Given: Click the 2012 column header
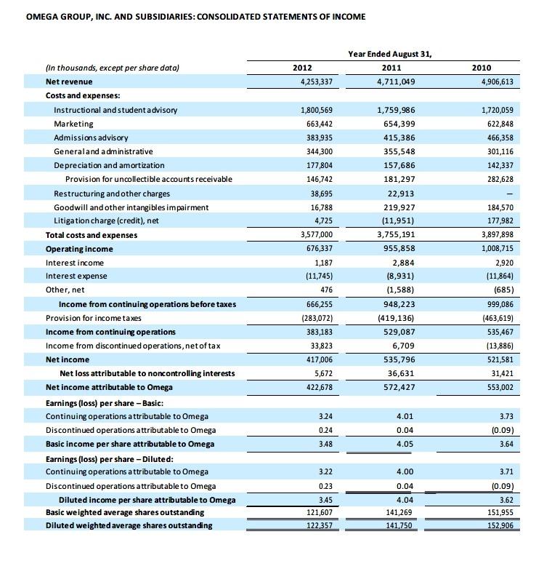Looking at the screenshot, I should [x=302, y=68].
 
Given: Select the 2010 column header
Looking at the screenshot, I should [x=482, y=68].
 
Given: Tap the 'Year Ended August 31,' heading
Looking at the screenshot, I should [x=395, y=53].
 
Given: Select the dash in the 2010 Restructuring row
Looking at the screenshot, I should [x=510, y=194].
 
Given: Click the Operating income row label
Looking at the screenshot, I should [x=79, y=249].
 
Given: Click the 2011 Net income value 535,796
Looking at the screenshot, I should [x=399, y=359].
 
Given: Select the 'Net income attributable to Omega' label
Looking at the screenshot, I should [x=109, y=387].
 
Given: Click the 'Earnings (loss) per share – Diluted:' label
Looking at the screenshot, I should [x=110, y=458].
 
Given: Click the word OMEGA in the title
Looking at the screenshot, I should [x=42, y=16].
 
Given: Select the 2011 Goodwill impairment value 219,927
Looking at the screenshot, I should [x=399, y=207].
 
